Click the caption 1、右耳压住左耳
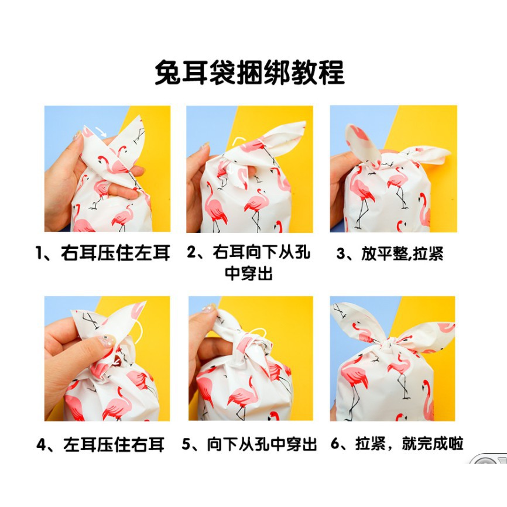(103, 253)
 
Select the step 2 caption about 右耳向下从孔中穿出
(249, 262)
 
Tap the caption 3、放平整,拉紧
(390, 253)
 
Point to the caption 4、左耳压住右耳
(101, 444)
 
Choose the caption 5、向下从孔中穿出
(249, 444)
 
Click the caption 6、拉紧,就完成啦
(397, 444)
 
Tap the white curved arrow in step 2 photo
(239, 141)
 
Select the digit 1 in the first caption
(39, 253)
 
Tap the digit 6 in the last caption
(334, 444)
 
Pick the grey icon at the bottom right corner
(489, 458)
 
